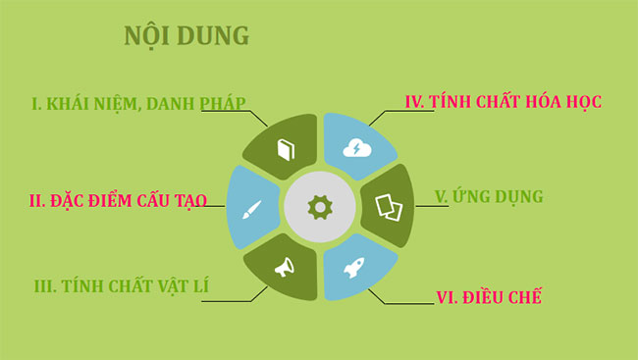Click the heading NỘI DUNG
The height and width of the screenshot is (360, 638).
(186, 35)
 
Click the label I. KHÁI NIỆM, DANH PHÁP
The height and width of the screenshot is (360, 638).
(137, 101)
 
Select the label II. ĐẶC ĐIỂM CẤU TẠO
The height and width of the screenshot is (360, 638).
(117, 200)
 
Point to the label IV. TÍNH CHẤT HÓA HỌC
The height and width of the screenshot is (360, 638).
(503, 101)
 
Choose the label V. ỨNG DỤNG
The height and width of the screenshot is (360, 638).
(488, 197)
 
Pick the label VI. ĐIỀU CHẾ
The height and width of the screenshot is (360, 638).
(489, 296)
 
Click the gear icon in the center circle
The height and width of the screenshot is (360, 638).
(319, 206)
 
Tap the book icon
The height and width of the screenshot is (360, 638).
(285, 149)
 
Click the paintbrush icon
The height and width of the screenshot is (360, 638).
(250, 208)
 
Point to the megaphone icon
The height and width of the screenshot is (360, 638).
(285, 266)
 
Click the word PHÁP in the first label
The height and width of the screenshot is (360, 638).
(221, 101)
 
